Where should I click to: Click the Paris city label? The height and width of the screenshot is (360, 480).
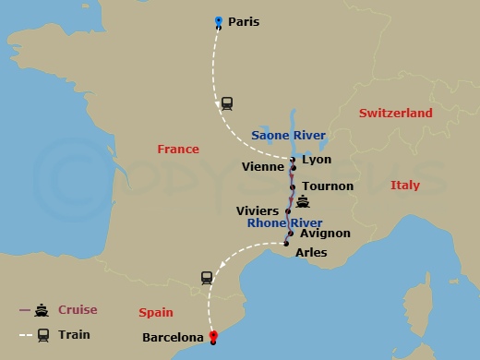point(244,21)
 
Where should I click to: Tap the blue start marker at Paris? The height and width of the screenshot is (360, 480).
point(218,21)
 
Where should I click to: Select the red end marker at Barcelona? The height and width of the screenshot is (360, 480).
point(213,337)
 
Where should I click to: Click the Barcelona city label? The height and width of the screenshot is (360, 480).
point(173,338)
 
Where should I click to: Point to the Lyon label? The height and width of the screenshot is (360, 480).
point(317,160)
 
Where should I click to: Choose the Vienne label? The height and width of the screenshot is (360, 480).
point(261,167)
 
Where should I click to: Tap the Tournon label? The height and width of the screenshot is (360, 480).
point(328,186)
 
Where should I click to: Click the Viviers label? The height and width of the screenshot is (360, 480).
point(258,211)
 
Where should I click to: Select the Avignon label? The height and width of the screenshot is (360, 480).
point(326,234)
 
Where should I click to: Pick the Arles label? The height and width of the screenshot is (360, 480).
point(311,252)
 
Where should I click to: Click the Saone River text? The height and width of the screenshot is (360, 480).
point(289,136)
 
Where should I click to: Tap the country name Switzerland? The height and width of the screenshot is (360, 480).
point(395,113)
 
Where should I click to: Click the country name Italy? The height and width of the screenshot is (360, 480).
point(404,186)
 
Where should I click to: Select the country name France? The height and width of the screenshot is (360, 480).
point(178,149)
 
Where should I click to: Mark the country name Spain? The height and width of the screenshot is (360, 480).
point(155,313)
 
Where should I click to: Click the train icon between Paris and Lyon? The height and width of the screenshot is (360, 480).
point(227,103)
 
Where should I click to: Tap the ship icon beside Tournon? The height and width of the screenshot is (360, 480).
point(303,200)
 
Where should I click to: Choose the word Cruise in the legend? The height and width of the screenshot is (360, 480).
point(78,310)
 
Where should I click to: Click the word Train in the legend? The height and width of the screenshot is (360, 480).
point(74,334)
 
